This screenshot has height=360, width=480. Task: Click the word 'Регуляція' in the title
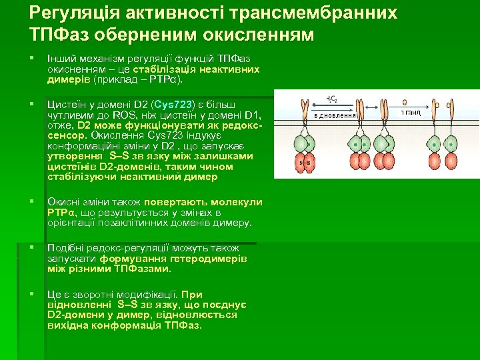coord(69,13)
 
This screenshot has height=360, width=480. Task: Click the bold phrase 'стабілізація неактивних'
coord(196,69)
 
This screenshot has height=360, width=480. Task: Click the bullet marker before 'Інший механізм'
coord(32,59)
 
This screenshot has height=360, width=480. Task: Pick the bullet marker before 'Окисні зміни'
coord(32,202)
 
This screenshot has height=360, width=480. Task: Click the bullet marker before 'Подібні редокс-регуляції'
coord(32,248)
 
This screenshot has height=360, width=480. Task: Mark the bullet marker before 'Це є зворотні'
coord(32,295)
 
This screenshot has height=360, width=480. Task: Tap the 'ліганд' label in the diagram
coord(411,113)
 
